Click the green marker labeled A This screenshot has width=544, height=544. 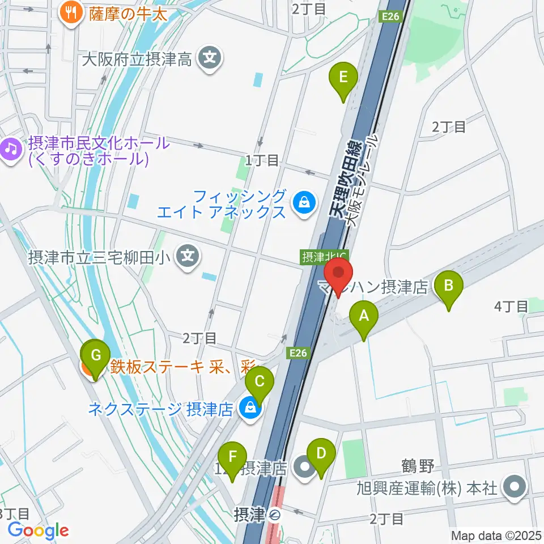coord(363,321)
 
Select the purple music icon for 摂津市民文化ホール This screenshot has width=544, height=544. coord(10,150)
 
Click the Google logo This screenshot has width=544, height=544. coord(39,531)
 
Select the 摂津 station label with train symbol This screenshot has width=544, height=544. coord(258,515)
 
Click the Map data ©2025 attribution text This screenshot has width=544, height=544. coord(496,535)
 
